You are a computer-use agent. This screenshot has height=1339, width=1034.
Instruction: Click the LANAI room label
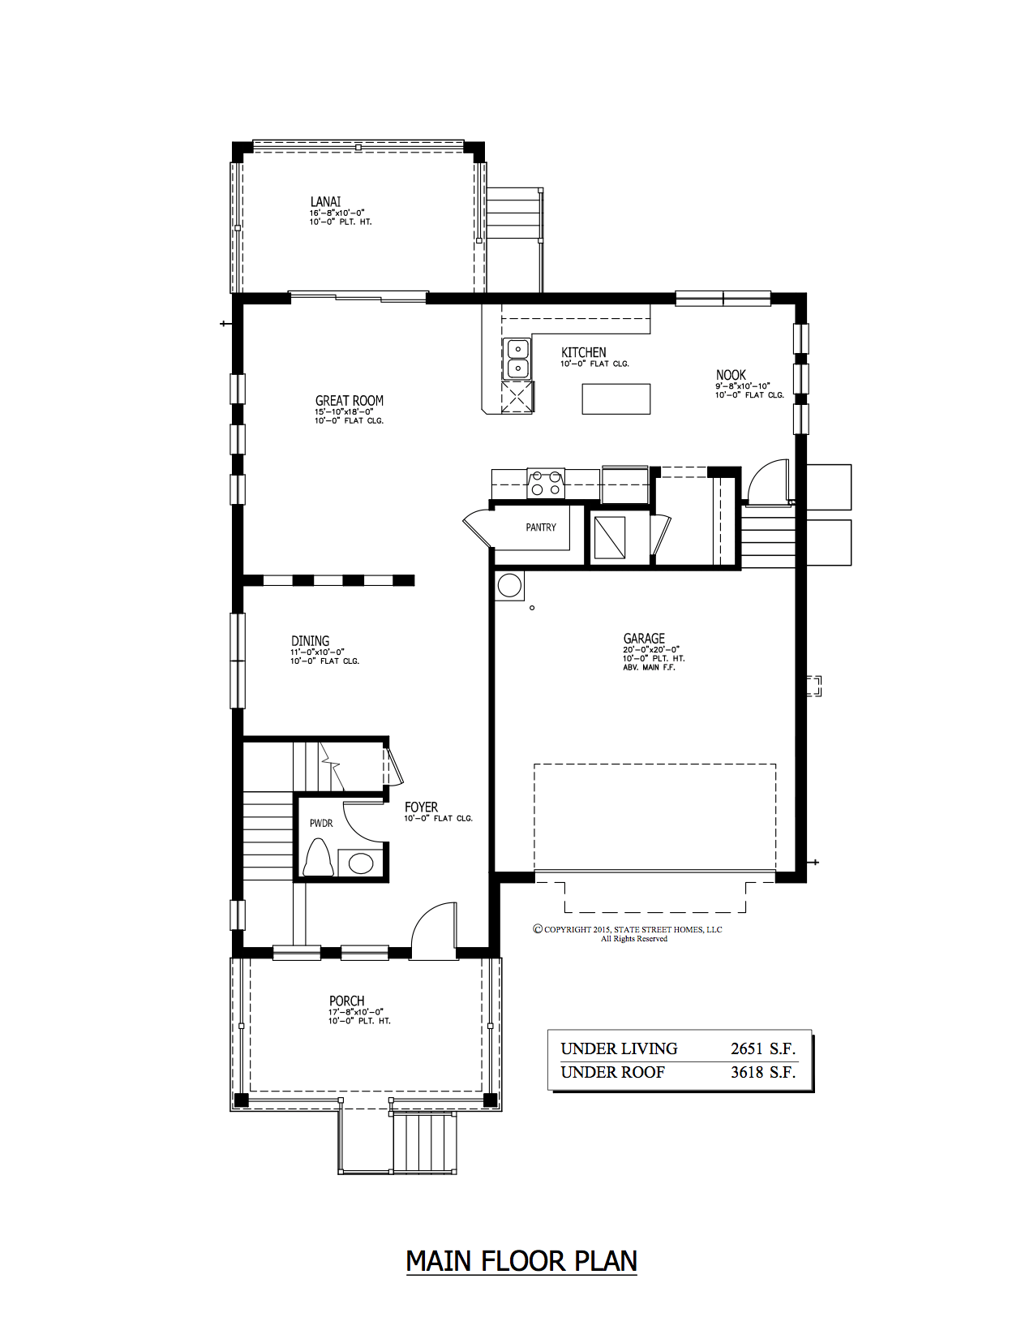point(325,202)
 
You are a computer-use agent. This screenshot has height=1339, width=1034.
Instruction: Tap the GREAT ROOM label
point(349,401)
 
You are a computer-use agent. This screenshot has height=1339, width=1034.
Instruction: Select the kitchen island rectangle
point(616,398)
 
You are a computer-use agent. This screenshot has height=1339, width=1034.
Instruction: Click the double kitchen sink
point(517,360)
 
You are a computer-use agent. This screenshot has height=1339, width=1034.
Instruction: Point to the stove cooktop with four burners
point(545,483)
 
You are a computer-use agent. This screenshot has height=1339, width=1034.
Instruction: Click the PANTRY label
point(541,527)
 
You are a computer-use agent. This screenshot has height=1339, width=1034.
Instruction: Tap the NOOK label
point(730,375)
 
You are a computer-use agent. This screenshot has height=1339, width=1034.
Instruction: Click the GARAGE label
point(644,639)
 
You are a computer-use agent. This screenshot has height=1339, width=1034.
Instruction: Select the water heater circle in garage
point(509,585)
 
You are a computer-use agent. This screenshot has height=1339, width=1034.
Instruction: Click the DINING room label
point(310,641)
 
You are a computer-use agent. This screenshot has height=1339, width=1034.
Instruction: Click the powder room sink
point(360,863)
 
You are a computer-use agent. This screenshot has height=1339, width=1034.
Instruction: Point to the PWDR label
point(321,823)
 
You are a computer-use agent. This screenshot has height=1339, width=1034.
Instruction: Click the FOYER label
point(421,807)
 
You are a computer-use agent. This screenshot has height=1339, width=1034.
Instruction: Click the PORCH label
point(346,1001)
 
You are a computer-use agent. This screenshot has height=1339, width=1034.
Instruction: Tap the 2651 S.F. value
point(762,1048)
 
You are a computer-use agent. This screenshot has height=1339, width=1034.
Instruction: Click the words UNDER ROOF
point(612,1073)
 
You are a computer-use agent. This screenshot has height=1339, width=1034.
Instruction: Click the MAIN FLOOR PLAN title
point(521,1261)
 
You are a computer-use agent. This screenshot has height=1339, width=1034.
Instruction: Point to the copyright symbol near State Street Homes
point(537,929)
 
